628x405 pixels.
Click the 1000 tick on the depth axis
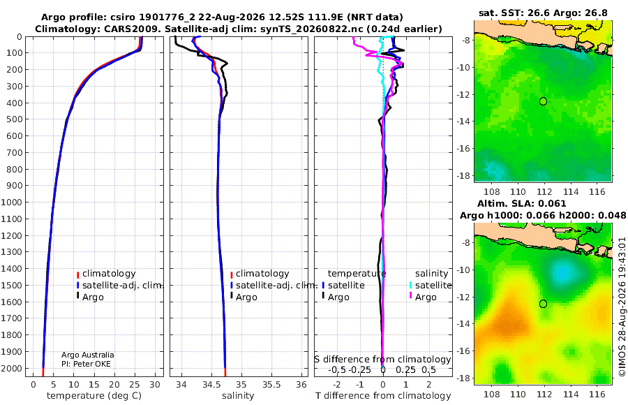(11, 202)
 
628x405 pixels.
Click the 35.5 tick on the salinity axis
(271, 384)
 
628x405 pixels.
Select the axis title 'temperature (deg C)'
(94, 396)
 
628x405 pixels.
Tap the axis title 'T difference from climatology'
(383, 396)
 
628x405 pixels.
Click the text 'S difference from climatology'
(382, 360)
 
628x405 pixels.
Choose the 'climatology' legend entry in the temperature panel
(106, 274)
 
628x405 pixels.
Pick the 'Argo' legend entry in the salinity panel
(243, 297)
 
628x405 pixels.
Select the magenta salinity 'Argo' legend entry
(423, 297)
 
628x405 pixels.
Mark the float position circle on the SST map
(543, 101)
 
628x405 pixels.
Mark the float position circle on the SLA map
(543, 304)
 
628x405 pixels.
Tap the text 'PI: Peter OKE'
(86, 364)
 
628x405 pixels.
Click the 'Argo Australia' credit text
(88, 355)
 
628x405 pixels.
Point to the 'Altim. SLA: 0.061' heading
(521, 204)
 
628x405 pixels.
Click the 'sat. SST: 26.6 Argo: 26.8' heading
(543, 13)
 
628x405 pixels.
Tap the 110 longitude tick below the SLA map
(518, 394)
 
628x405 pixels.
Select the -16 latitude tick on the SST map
(464, 148)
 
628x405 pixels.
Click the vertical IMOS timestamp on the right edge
(622, 307)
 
